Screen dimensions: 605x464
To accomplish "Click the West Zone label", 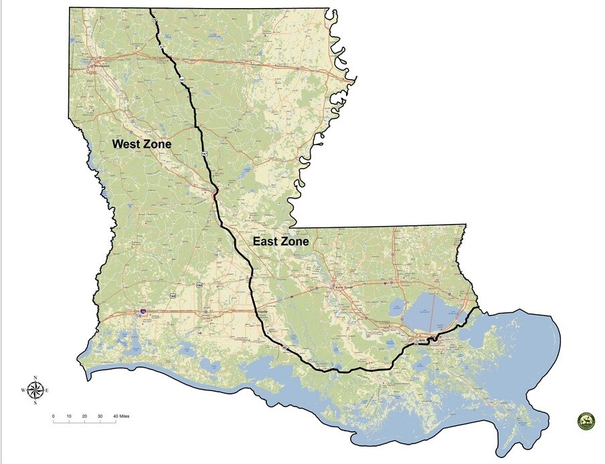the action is [141, 144].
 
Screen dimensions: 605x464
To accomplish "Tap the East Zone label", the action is [280, 241].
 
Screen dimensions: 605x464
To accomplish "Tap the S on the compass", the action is [36, 403].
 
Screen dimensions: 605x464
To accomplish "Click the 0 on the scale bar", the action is [54, 417].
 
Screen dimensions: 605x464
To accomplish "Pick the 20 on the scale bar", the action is [84, 417].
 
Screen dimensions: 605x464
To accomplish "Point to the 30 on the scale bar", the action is [100, 417].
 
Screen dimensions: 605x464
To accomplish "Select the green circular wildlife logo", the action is [586, 421].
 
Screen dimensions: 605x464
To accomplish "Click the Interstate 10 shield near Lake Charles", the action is [143, 312].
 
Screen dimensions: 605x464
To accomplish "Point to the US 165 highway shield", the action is [173, 295].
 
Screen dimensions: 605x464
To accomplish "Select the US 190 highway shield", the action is [199, 285].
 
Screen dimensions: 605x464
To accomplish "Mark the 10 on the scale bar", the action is [69, 417].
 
